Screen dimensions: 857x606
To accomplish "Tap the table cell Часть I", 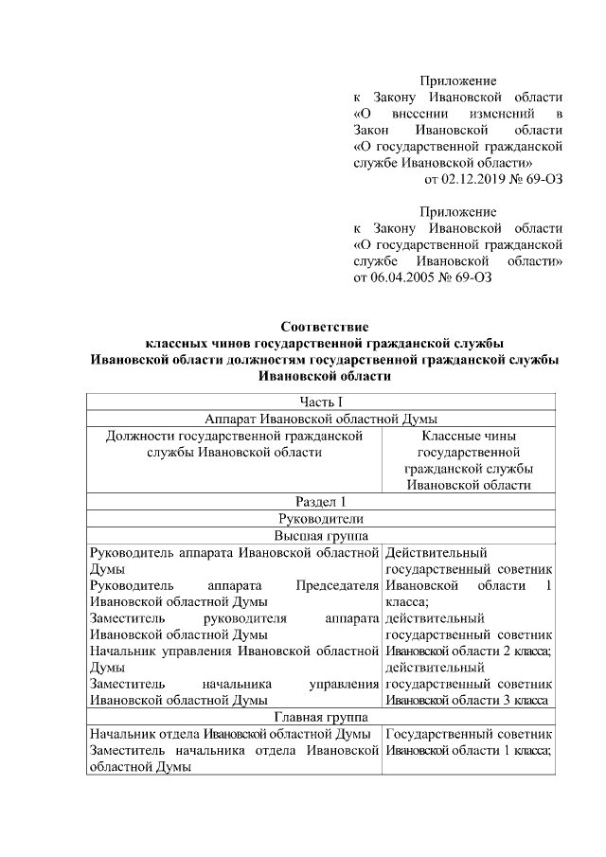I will tap(324, 402).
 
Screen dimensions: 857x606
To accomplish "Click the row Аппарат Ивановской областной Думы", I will tap(324, 419).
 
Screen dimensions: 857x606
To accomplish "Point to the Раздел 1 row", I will tap(324, 502).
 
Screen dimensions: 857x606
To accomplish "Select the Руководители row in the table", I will tap(324, 518).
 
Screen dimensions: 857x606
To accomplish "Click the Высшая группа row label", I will tap(324, 535).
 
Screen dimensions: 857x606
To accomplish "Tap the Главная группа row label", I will tap(324, 718).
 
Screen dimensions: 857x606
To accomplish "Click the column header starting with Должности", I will tap(235, 444).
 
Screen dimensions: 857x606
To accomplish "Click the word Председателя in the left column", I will tap(337, 585).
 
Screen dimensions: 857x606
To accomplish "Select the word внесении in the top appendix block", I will tap(413, 113).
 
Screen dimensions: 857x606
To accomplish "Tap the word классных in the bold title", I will tap(183, 343).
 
